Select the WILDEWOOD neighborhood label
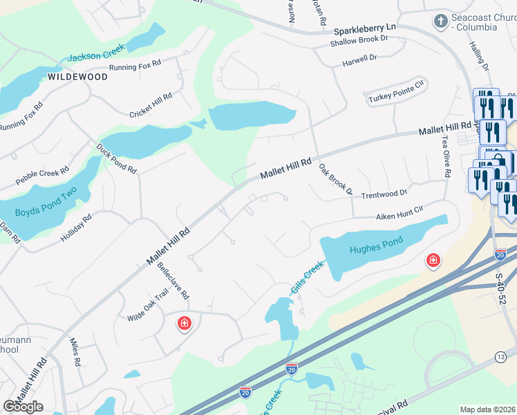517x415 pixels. click(x=78, y=77)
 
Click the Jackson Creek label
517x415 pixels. click(x=96, y=55)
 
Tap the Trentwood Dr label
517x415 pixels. click(x=384, y=194)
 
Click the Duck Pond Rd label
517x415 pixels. click(x=117, y=158)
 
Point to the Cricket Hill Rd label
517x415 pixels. click(x=151, y=105)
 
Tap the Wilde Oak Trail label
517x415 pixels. click(x=148, y=305)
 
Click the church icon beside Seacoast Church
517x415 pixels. click(x=440, y=21)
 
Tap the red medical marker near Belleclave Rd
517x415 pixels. click(x=184, y=322)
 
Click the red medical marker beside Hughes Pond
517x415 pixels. click(x=433, y=260)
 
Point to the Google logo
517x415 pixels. click(x=23, y=407)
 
